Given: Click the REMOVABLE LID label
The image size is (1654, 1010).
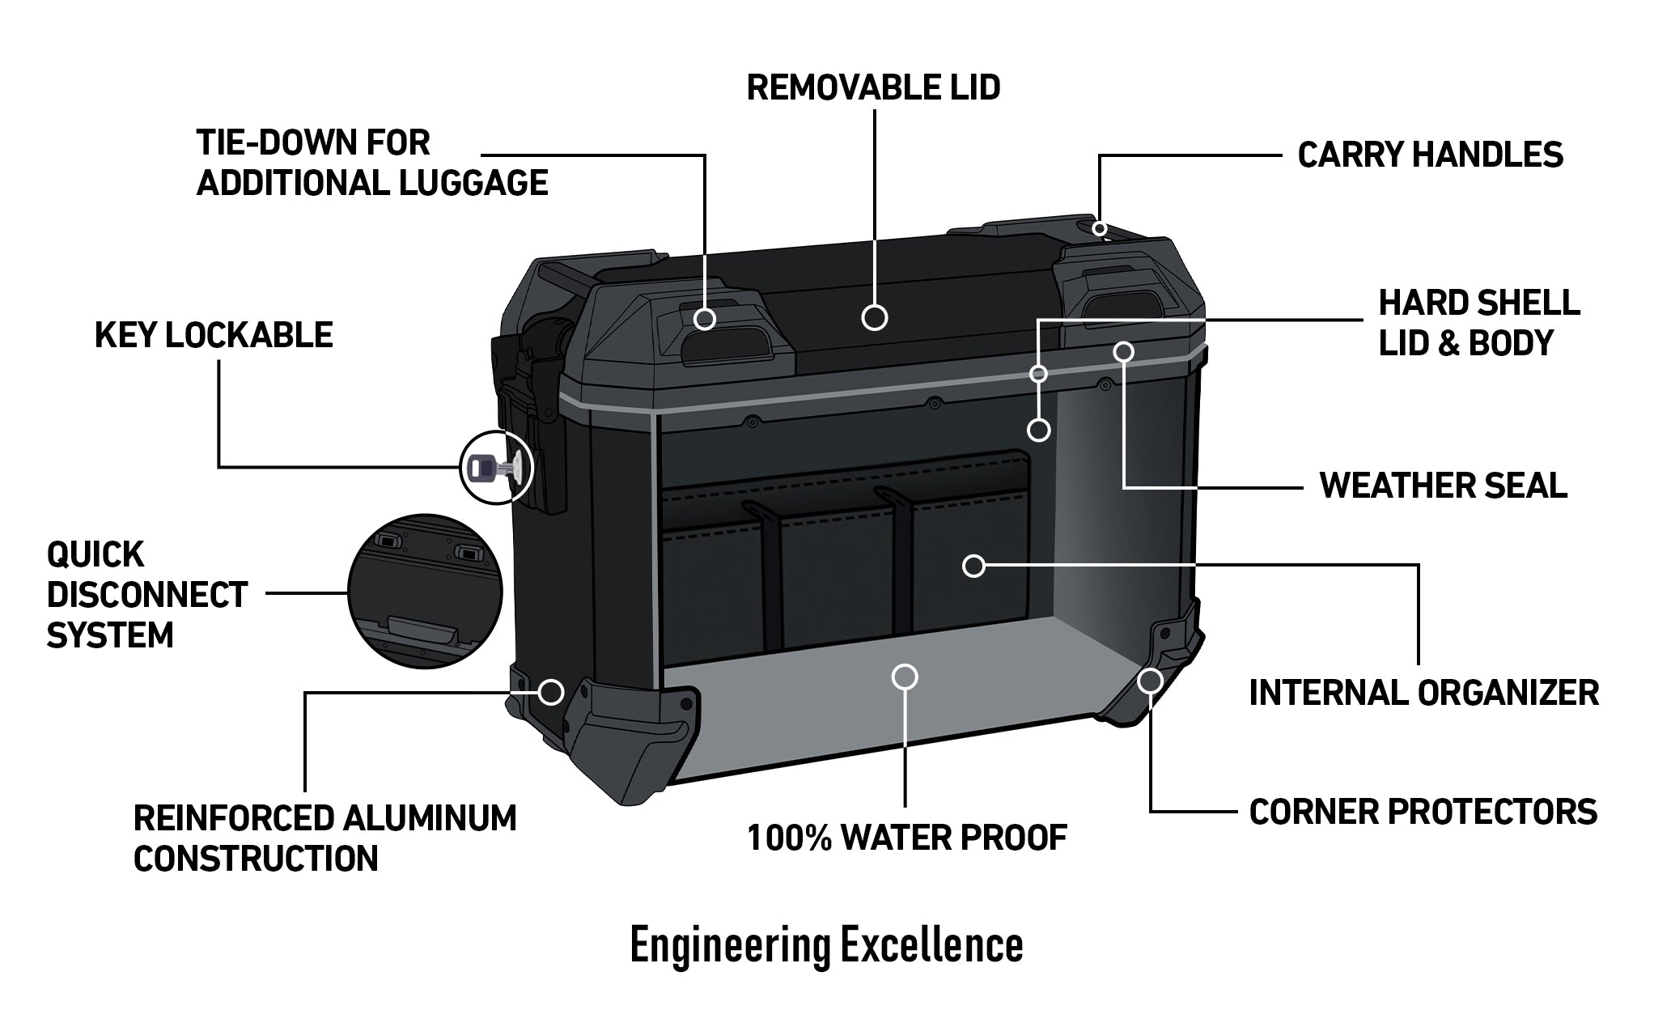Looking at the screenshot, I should pyautogui.click(x=873, y=87).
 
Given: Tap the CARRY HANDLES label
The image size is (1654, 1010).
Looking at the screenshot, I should pyautogui.click(x=1430, y=155).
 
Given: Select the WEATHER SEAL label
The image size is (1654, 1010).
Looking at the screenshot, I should pyautogui.click(x=1443, y=486).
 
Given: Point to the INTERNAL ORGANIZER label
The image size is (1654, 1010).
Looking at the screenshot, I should pyautogui.click(x=1423, y=694).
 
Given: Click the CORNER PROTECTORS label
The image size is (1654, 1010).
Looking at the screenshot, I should pyautogui.click(x=1423, y=812).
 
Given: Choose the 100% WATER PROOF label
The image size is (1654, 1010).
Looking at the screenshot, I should pyautogui.click(x=907, y=838).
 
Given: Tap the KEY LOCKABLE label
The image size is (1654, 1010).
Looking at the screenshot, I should pyautogui.click(x=214, y=335).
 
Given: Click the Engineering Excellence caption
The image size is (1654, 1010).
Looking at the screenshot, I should pyautogui.click(x=826, y=945).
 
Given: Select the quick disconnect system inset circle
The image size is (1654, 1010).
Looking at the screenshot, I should pyautogui.click(x=425, y=592).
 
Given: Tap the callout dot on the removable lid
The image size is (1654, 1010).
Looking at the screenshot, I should pyautogui.click(x=874, y=317).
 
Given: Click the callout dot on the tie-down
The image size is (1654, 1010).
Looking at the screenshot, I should pyautogui.click(x=705, y=318).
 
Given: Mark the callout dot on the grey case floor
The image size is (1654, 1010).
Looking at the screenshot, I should pyautogui.click(x=905, y=677).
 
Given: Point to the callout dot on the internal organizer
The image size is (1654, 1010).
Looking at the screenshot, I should pyautogui.click(x=974, y=566).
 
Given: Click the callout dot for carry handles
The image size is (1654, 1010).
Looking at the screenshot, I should pyautogui.click(x=1099, y=228).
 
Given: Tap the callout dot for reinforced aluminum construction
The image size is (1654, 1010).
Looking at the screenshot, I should pyautogui.click(x=551, y=691).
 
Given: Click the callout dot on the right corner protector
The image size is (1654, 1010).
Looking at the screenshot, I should pyautogui.click(x=1149, y=681).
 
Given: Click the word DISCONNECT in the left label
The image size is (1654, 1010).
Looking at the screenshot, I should pyautogui.click(x=146, y=595).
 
